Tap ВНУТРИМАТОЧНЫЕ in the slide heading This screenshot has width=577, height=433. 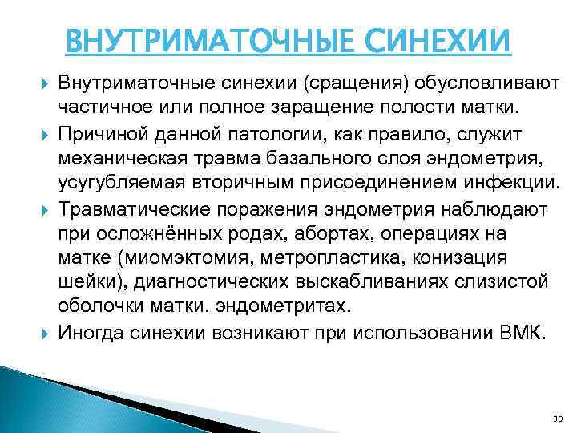click(206, 38)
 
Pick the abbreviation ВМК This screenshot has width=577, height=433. click(522, 334)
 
